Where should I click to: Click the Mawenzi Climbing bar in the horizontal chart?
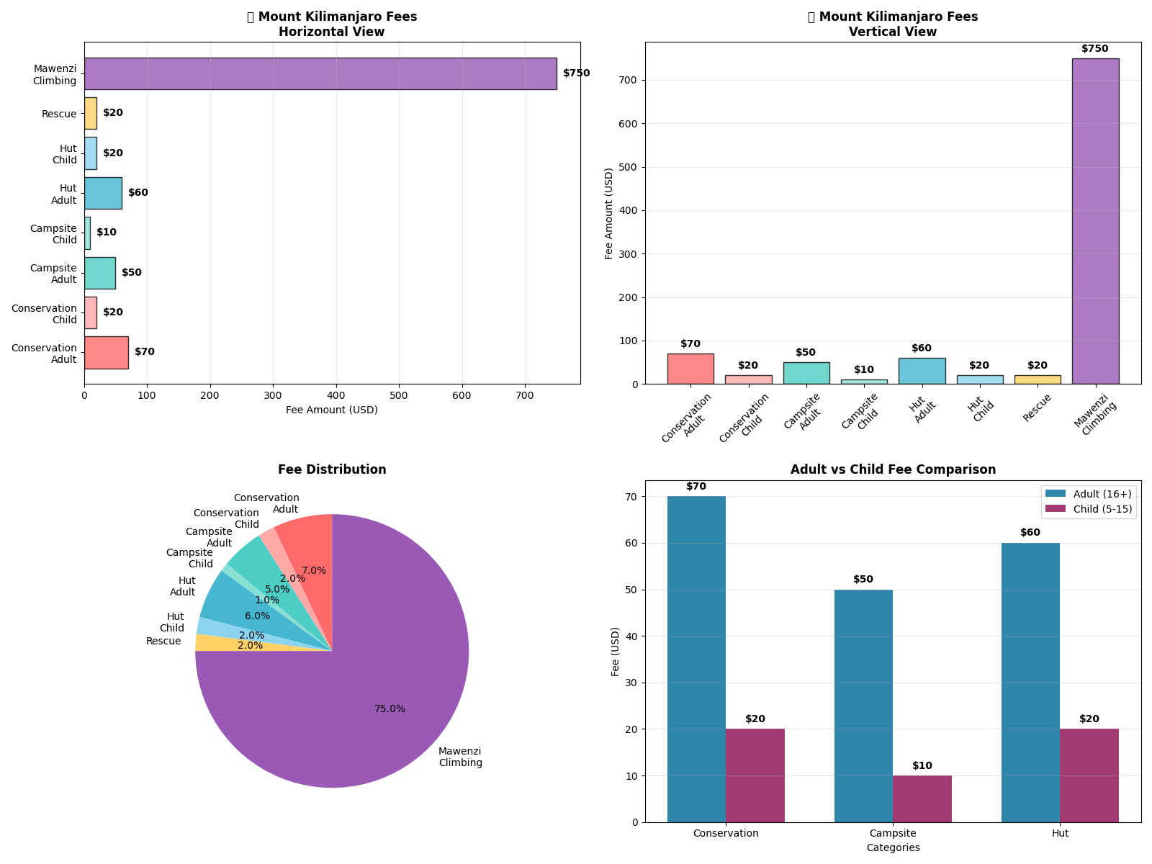pos(320,73)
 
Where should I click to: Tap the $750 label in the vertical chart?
pos(1094,49)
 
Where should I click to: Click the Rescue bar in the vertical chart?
pos(1037,379)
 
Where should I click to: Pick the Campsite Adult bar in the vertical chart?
pos(806,373)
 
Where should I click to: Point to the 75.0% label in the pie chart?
pos(390,709)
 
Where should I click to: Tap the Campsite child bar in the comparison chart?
pos(922,798)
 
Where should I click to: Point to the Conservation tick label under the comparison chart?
pos(726,834)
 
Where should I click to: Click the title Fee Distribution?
pos(332,469)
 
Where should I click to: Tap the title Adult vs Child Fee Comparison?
pos(893,469)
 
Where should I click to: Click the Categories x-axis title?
pos(893,848)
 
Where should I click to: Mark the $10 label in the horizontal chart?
pos(107,233)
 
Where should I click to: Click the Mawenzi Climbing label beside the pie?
pos(460,757)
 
